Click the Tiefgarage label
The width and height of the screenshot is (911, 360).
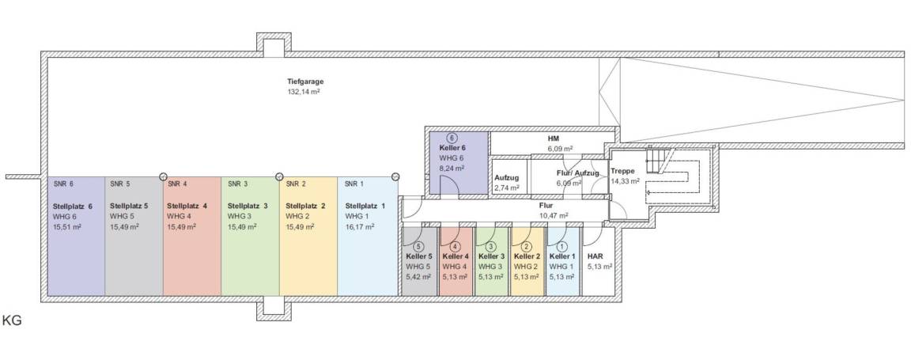coord(305,81)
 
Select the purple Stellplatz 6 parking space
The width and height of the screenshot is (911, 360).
coord(76,253)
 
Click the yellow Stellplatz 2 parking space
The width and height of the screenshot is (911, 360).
coord(308,253)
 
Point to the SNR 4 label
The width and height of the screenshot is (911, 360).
coord(177,184)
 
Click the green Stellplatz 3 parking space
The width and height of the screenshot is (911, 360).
coord(249,253)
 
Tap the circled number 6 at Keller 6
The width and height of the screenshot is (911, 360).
coord(452,138)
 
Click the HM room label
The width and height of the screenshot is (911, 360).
coord(554,138)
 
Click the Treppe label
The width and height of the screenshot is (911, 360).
coord(622,171)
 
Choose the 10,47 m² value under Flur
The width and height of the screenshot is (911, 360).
coord(554,215)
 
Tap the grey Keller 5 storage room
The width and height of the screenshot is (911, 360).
coord(418,269)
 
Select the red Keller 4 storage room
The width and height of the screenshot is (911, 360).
coord(455,269)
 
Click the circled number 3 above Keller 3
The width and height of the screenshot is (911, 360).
coord(490,246)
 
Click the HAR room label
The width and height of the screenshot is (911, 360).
coord(595,256)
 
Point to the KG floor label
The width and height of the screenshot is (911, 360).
coord(12,321)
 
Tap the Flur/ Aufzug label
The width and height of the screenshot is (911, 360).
coord(577,172)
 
